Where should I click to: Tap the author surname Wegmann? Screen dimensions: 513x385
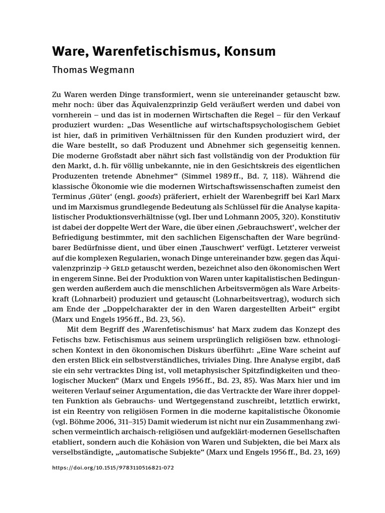112,70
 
